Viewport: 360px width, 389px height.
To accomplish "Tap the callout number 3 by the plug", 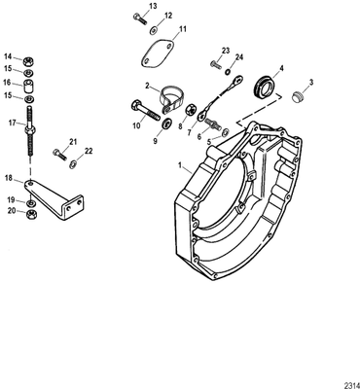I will pos(310,83).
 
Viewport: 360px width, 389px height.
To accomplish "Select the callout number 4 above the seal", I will pos(281,67).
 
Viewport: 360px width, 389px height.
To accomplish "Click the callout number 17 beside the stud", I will pos(12,124).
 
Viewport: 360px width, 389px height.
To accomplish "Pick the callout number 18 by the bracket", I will pos(9,179).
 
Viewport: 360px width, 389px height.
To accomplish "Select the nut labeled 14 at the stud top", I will pos(31,57).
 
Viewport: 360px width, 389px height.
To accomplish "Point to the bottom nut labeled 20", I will pos(32,211).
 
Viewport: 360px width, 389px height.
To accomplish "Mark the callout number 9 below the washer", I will pos(153,140).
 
